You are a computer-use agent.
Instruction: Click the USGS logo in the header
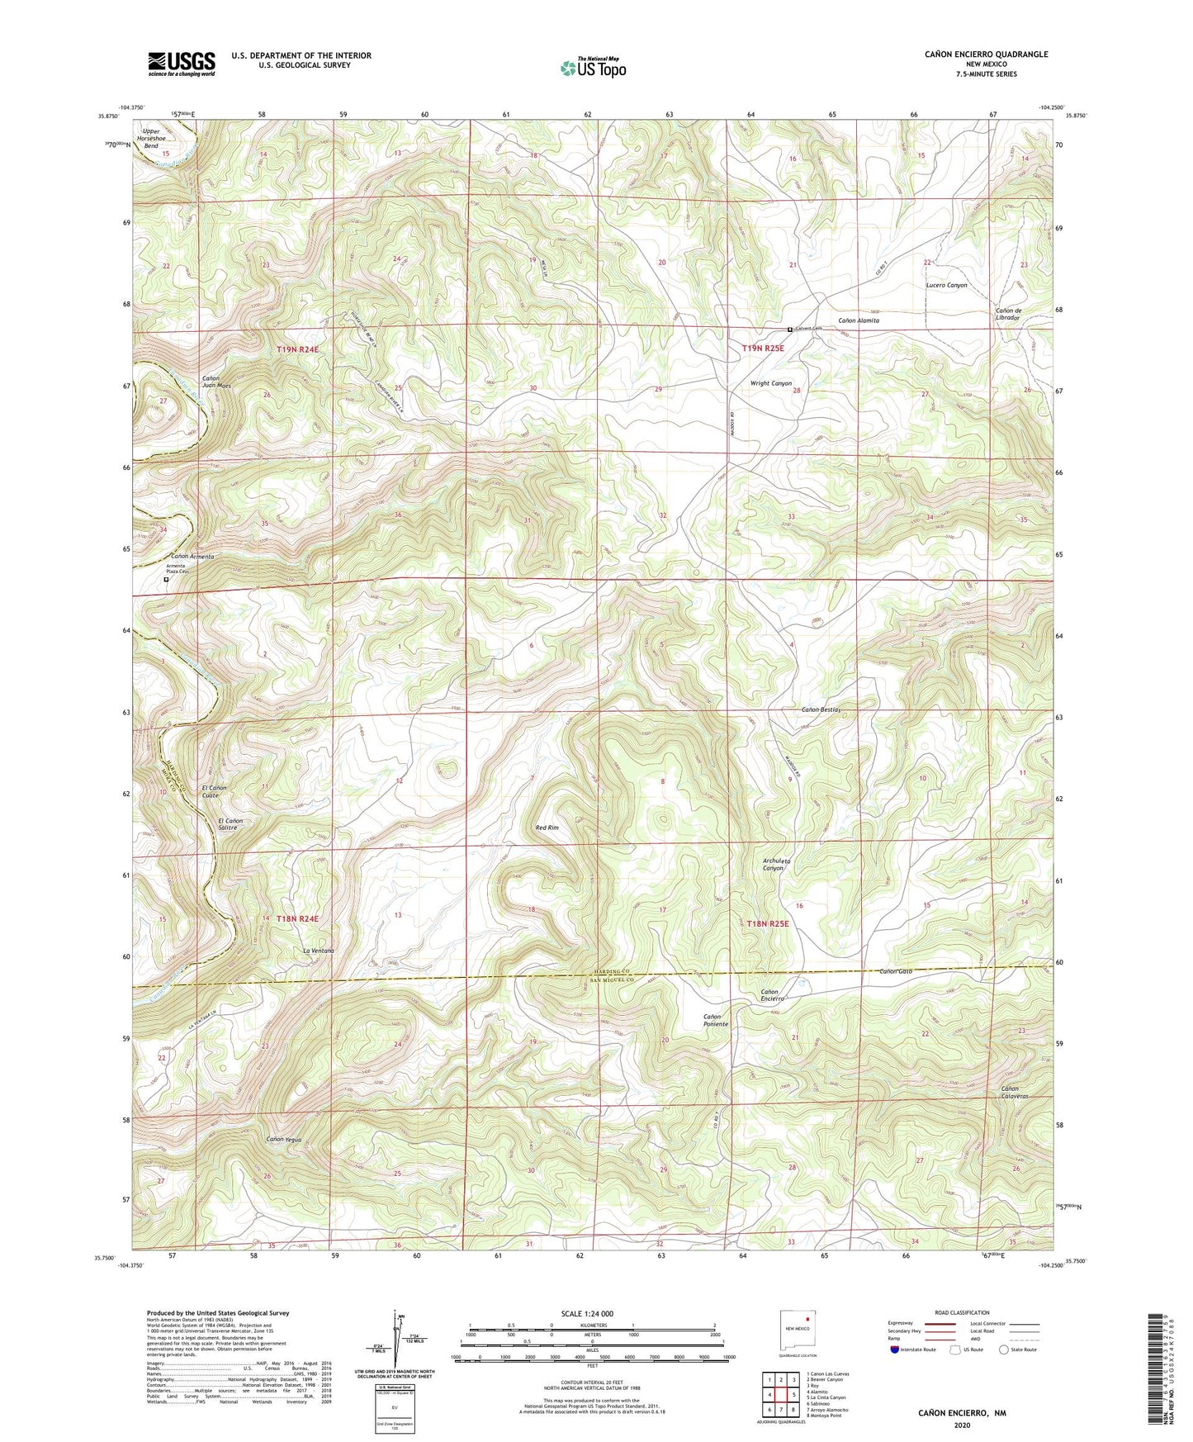pyautogui.click(x=182, y=64)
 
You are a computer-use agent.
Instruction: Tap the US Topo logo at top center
pyautogui.click(x=592, y=68)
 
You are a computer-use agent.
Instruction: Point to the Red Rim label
pyautogui.click(x=547, y=827)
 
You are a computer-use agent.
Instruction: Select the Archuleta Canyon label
pyautogui.click(x=776, y=864)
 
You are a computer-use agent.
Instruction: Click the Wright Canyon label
pyautogui.click(x=770, y=383)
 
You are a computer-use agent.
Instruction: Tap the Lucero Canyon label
pyautogui.click(x=945, y=285)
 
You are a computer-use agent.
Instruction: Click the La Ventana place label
pyautogui.click(x=318, y=951)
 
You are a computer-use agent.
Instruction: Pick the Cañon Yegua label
pyautogui.click(x=283, y=1139)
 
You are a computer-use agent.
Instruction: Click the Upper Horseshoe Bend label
pyautogui.click(x=150, y=138)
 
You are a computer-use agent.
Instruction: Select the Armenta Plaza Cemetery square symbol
pyautogui.click(x=166, y=580)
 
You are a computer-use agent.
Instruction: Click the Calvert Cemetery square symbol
pyautogui.click(x=790, y=330)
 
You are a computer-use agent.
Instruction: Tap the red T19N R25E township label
pyautogui.click(x=762, y=349)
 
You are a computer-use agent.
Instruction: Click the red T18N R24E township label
pyautogui.click(x=297, y=918)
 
